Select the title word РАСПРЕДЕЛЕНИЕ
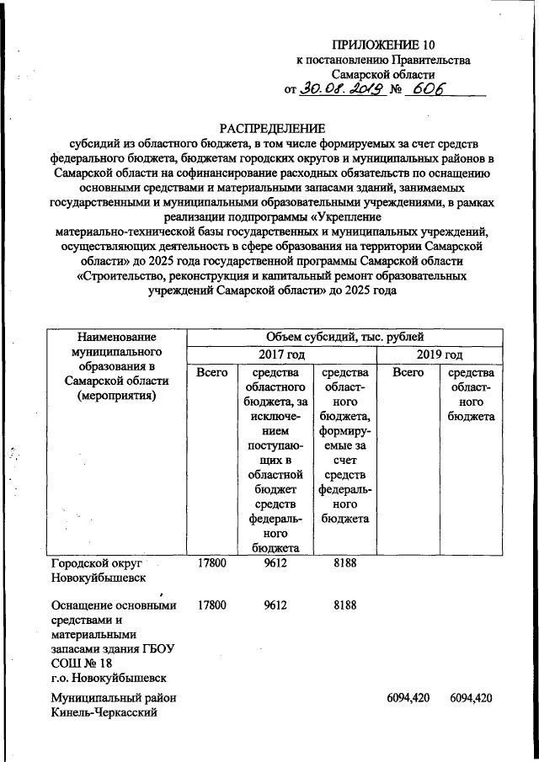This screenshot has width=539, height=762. point(271,129)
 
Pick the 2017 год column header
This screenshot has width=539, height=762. point(281,354)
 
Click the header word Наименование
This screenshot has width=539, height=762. point(115,337)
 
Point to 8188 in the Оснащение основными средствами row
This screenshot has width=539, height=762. point(344,605)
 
